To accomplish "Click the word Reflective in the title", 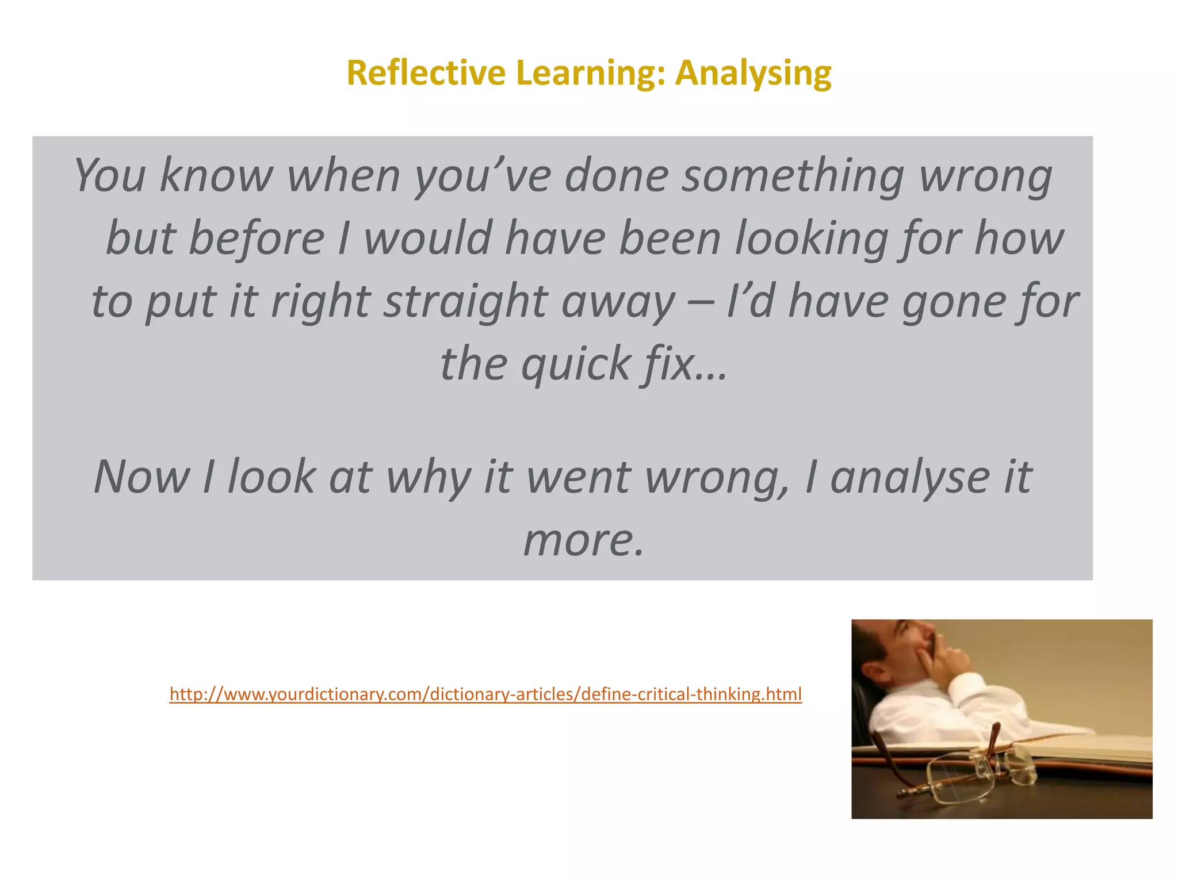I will (426, 73).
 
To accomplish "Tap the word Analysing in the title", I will (753, 74).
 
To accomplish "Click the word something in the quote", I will (793, 176).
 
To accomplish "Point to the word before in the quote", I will (257, 238).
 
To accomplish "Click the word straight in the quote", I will (465, 301).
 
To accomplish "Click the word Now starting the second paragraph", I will (141, 477).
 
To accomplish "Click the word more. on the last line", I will (583, 540).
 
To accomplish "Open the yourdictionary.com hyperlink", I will (485, 694).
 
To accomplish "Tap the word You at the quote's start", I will (110, 176).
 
